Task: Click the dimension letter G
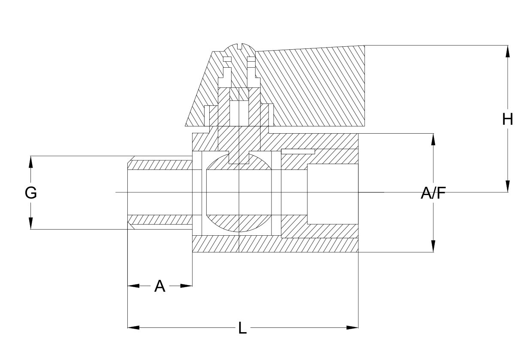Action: (31, 193)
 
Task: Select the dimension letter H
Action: (507, 120)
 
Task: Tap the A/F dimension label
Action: (433, 193)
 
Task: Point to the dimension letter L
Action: (242, 328)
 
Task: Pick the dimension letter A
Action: (160, 286)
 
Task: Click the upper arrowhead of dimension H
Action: (507, 51)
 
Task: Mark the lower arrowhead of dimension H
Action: (507, 186)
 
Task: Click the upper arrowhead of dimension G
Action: (30, 162)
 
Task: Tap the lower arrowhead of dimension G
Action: (30, 223)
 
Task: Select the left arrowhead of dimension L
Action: (133, 327)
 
